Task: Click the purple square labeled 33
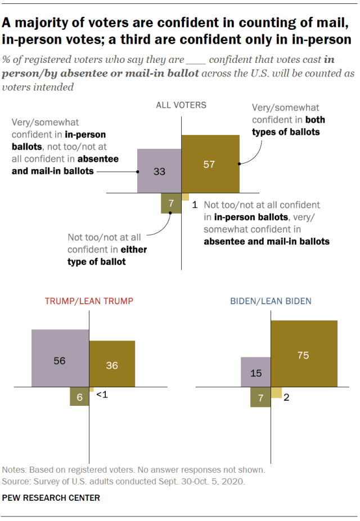[159, 171]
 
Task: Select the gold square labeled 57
[210, 164]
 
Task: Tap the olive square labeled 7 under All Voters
[171, 203]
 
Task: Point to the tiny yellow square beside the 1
[185, 197]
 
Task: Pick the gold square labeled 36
[112, 364]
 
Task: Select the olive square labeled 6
[79, 396]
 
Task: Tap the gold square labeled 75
[304, 354]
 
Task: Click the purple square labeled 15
[256, 372]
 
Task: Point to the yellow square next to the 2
[276, 392]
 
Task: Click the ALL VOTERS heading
[181, 105]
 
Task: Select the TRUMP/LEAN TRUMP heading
[89, 301]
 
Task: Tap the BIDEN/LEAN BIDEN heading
[271, 301]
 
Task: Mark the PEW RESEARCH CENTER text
[52, 498]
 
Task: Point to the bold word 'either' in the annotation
[133, 249]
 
